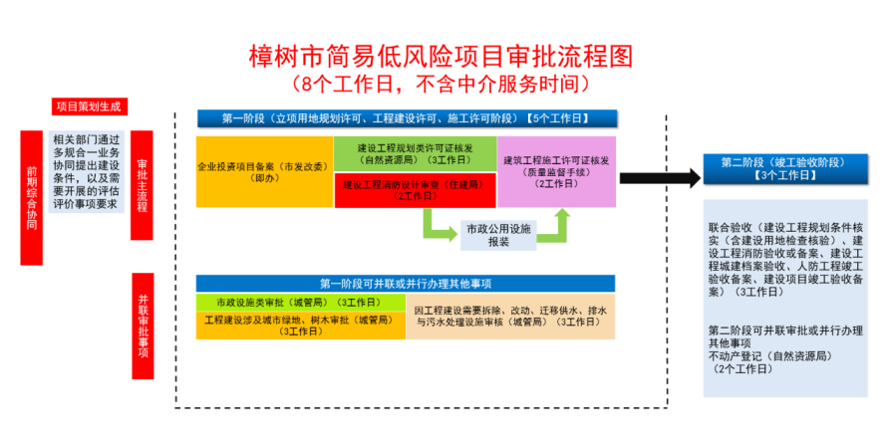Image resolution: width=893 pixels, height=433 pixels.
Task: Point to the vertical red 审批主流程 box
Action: coord(142,184)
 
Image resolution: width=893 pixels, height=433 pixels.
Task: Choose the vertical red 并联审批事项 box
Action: coord(142,326)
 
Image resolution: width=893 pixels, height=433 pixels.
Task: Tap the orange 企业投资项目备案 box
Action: coord(264,171)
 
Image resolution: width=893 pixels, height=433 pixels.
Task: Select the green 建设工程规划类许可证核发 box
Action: coord(415,152)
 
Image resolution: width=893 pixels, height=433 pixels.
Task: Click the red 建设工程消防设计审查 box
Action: coord(415,189)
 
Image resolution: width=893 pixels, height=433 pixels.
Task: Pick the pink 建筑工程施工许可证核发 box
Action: coord(557,171)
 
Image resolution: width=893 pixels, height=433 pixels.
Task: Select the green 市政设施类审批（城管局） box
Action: coord(299,301)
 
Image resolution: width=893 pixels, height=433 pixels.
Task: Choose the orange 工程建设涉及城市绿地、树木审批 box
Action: coord(299,325)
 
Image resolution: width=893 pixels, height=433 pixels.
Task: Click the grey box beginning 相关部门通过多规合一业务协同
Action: coord(87,171)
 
